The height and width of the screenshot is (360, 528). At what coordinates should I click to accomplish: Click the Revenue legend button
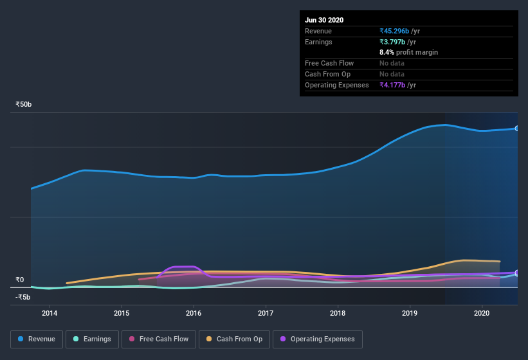[37, 339]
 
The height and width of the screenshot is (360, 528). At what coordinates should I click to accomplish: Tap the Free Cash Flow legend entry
[158, 339]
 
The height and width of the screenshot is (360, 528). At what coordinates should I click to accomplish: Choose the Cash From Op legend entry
[234, 339]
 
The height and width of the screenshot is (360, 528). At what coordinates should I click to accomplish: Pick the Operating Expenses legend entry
[317, 339]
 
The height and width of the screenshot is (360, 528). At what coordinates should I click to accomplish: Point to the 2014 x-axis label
[50, 313]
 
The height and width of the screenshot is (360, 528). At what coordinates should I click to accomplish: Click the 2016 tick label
[194, 313]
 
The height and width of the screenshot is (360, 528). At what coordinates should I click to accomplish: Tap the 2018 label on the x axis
[338, 313]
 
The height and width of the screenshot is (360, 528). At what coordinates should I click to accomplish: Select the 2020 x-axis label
[482, 313]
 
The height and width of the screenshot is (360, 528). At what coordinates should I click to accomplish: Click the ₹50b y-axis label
[24, 104]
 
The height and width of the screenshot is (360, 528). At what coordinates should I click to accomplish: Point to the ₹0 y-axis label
[19, 280]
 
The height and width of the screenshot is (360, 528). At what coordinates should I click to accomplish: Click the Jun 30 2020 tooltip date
[324, 20]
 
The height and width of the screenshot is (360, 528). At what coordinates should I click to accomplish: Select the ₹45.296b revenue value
[399, 31]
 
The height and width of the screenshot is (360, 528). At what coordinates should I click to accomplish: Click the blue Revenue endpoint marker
[517, 129]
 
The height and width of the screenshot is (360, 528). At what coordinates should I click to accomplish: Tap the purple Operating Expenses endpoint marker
[517, 273]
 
